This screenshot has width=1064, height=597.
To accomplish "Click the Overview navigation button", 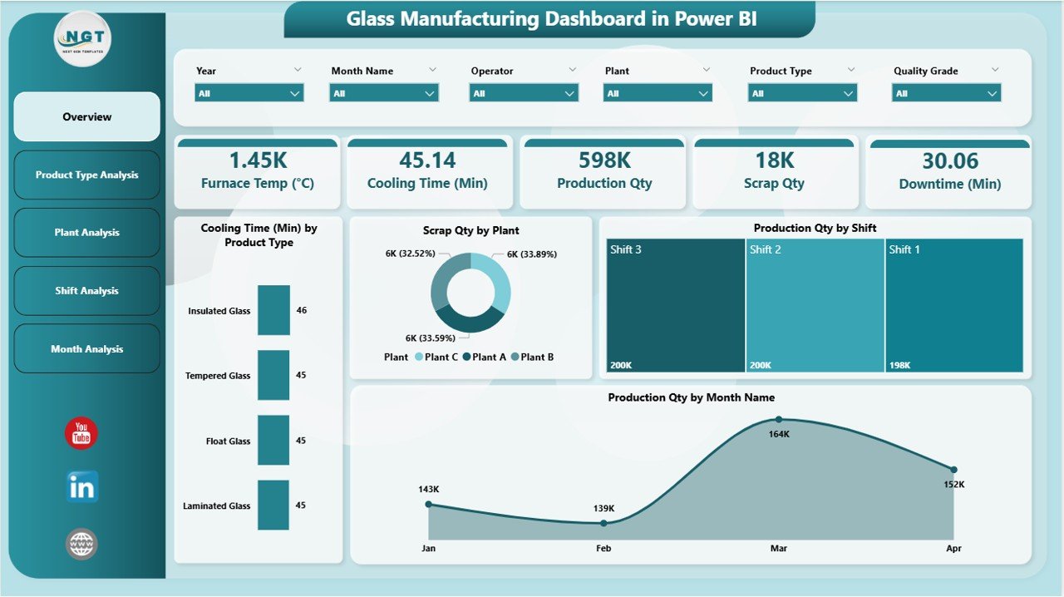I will point(86,117).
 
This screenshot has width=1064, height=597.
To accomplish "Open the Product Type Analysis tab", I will point(86,175).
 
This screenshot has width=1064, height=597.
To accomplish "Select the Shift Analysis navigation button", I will point(86,291).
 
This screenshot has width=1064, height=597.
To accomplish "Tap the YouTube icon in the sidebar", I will point(81,434).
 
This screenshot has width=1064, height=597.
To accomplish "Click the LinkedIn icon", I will point(81,487).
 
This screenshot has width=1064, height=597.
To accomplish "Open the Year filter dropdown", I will point(249,94).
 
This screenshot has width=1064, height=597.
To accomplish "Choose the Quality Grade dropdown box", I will point(946,94).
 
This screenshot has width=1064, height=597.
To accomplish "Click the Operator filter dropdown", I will point(524,94).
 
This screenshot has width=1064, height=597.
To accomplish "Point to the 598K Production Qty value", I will point(604,160).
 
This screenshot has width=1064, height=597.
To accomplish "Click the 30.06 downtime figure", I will point(949,160).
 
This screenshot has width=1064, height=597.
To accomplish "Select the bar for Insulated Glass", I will point(273,310).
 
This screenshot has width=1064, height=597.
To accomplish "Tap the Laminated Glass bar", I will point(273,505).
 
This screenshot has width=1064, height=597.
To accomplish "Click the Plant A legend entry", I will point(485,357).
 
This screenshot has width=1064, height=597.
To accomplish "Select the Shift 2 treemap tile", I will point(815,305).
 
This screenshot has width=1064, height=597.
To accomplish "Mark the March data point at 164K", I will point(779,420).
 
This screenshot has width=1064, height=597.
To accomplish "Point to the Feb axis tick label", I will point(603,549).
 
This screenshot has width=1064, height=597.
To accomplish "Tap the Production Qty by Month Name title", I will point(691,397).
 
